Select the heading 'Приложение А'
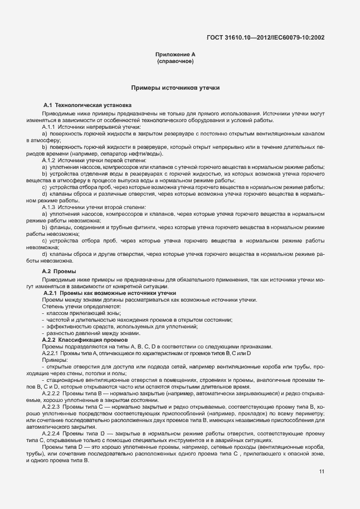coord(176,55)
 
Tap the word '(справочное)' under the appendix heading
coord(176,61)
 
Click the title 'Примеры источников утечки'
coord(176,88)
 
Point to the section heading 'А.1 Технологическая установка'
coord(87,105)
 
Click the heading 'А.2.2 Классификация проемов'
coord(85,340)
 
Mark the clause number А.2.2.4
coord(53,433)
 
